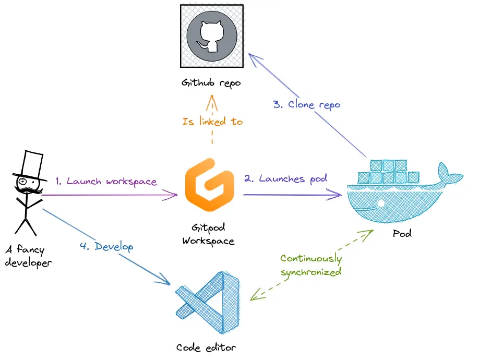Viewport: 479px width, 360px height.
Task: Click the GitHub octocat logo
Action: tap(212, 35)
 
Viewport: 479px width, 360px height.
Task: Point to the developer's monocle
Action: tap(23, 182)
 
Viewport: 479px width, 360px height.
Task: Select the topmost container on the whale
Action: tap(389, 166)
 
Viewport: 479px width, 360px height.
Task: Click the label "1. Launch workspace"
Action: tap(106, 182)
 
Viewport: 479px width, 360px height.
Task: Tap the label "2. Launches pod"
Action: tap(285, 178)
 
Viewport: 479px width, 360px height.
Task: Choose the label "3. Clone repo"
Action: tap(306, 104)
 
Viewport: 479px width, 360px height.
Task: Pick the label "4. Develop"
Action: tap(106, 246)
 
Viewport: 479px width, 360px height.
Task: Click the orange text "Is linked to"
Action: tap(212, 122)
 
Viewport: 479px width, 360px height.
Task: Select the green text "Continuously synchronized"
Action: tap(311, 266)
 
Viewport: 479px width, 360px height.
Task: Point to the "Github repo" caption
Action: tap(211, 83)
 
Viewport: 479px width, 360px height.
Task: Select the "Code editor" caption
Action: tap(206, 347)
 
